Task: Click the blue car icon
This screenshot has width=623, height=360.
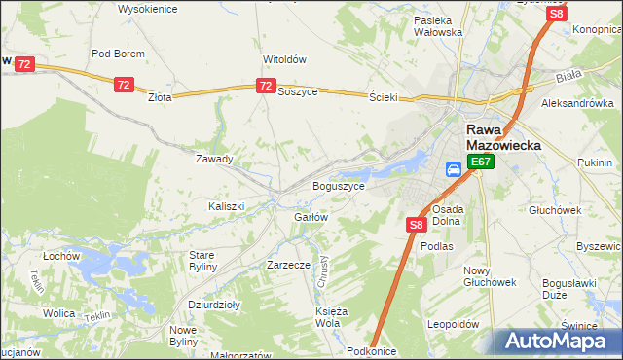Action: [454, 169]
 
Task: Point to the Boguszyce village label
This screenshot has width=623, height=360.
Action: [338, 185]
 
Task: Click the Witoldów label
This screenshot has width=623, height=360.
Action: [284, 58]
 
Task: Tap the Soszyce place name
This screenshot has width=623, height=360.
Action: [297, 91]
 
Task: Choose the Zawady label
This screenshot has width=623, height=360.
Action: [214, 159]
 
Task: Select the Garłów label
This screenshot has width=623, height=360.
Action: [311, 217]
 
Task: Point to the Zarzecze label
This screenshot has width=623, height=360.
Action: [288, 264]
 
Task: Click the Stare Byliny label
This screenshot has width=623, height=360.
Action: [208, 261]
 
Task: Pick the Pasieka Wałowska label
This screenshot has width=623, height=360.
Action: [437, 26]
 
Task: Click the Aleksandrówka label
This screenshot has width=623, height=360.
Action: [577, 102]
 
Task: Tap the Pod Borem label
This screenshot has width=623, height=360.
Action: [118, 54]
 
